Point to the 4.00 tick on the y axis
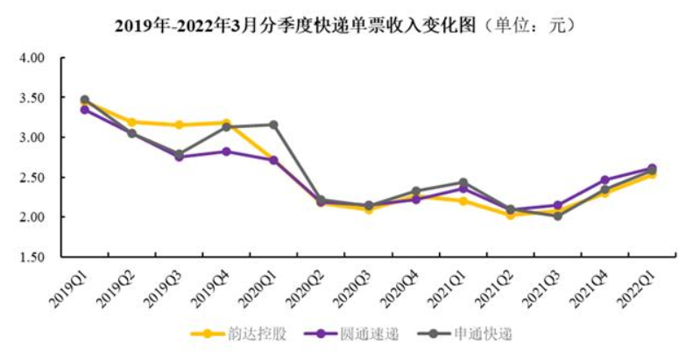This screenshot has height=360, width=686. click(32, 59)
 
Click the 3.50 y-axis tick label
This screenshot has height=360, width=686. click(32, 98)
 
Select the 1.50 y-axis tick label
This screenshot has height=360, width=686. click(32, 257)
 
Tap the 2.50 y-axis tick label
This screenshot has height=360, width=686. click(32, 178)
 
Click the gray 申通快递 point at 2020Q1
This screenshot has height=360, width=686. click(273, 124)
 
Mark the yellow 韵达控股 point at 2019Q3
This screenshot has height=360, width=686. click(179, 125)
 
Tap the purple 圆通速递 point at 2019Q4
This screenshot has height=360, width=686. click(226, 152)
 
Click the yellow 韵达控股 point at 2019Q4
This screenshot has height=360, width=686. click(226, 124)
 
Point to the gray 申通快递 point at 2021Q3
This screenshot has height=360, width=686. click(557, 215)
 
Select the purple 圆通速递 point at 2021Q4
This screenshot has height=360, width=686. click(605, 180)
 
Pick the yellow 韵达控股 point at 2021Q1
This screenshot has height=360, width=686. click(463, 201)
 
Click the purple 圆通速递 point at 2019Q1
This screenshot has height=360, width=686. click(84, 109)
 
